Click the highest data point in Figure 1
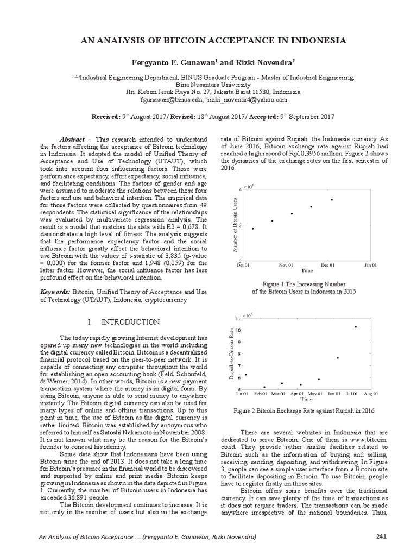(x=331, y=200)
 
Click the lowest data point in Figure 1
(x=252, y=229)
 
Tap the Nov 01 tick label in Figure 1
(x=286, y=265)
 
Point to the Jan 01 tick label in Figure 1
(x=371, y=265)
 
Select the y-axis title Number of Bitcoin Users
(x=235, y=225)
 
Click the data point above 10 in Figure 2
(x=356, y=327)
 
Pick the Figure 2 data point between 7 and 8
(x=337, y=358)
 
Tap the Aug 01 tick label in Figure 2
(x=371, y=394)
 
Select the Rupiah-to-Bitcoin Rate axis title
(x=231, y=353)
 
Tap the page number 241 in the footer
(x=381, y=538)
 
